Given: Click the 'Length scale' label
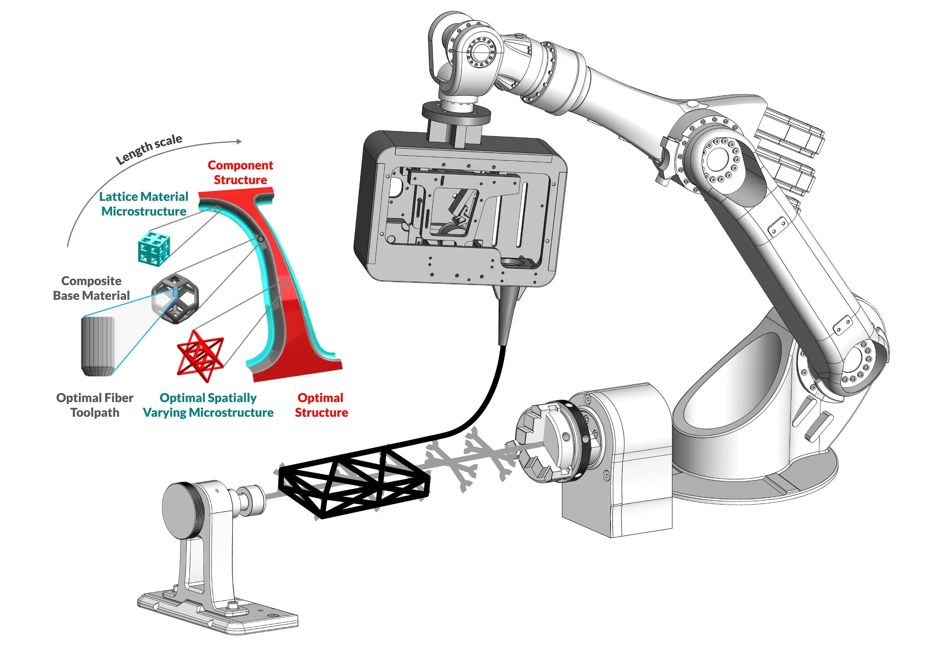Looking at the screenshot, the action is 149,149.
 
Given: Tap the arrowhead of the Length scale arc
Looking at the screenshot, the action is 239,141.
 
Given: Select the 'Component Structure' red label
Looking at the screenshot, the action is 241,172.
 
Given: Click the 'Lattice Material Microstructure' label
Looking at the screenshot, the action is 144,204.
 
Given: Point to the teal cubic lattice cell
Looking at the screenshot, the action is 154,248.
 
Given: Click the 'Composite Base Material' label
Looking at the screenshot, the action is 91,288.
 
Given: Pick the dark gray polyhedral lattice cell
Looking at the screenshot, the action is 176,298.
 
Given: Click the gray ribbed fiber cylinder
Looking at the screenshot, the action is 98,346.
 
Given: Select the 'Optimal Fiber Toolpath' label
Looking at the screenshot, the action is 95,405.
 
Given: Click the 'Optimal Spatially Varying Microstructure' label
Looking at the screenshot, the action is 208,405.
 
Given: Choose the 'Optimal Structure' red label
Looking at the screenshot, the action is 321,405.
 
